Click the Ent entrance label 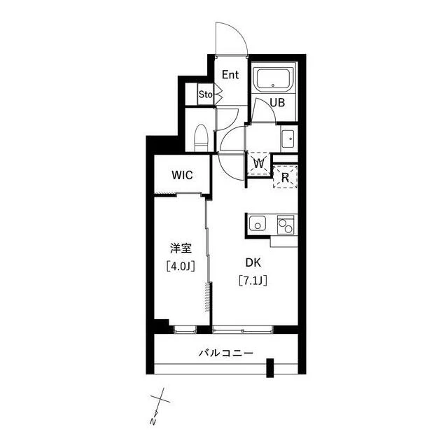(230, 75)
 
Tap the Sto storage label (206, 94)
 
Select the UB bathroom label (277, 103)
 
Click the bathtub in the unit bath (274, 80)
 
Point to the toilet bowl (201, 139)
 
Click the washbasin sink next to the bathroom (289, 139)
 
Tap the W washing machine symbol (259, 164)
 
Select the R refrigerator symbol (285, 177)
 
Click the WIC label (182, 175)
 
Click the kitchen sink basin (258, 223)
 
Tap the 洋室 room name (181, 248)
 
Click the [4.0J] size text (181, 266)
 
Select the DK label (253, 263)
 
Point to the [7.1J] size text (253, 281)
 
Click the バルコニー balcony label (226, 353)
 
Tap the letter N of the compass (154, 421)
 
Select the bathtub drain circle (273, 85)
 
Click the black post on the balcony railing (270, 367)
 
